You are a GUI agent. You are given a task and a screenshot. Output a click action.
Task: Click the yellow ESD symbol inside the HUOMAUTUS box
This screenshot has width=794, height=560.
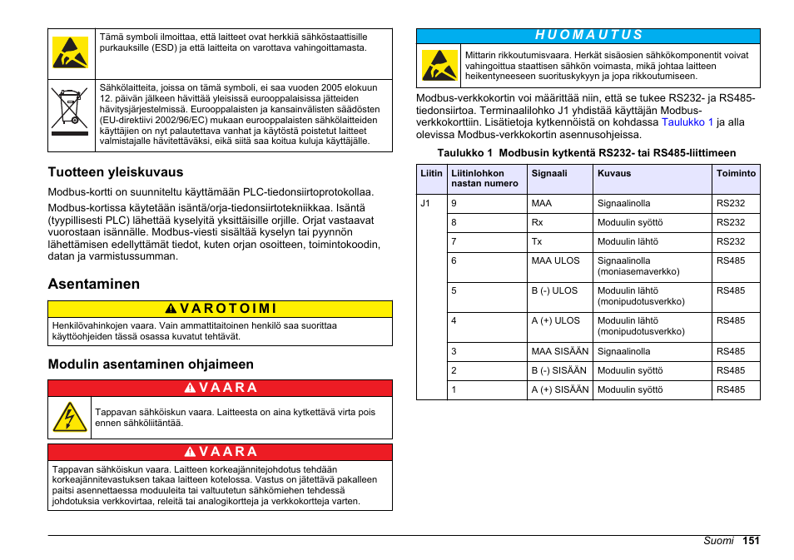[x=439, y=66]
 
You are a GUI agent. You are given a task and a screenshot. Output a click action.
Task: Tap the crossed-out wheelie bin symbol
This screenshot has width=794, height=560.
[x=69, y=107]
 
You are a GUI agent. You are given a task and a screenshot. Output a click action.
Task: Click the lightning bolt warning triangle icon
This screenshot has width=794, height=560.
[x=70, y=417]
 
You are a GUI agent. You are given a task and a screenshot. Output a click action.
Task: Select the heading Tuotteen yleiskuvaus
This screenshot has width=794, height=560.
[x=115, y=172]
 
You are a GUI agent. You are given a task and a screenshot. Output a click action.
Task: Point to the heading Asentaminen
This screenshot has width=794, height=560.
[x=93, y=284]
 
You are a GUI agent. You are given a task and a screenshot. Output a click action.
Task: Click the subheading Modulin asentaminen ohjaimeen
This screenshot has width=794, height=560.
[x=151, y=364]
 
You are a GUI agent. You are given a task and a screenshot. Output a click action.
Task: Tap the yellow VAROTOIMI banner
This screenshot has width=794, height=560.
[x=220, y=309]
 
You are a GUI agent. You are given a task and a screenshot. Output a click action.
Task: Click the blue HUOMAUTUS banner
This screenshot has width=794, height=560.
[x=588, y=35]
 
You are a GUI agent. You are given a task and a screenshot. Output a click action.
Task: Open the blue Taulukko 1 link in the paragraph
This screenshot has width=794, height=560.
[x=687, y=122]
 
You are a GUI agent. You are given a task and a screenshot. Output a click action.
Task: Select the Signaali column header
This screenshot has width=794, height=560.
[x=549, y=174]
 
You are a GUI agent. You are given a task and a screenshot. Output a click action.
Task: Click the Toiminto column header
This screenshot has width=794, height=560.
[x=736, y=174]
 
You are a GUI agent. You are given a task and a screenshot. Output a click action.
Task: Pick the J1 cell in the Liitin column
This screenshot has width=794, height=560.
[x=425, y=203]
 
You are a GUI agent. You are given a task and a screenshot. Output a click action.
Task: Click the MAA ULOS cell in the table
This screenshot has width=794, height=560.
[x=555, y=260]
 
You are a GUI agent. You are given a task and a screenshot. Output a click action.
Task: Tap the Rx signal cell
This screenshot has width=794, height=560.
[x=537, y=223]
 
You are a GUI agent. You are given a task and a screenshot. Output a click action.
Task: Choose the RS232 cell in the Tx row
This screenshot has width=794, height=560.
[x=731, y=242]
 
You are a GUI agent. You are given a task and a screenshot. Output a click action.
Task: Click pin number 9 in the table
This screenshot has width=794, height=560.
[x=454, y=203]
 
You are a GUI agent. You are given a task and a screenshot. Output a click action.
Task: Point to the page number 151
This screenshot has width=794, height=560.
[x=752, y=541]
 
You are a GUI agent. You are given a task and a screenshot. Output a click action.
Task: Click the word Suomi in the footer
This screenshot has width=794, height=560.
[x=718, y=541]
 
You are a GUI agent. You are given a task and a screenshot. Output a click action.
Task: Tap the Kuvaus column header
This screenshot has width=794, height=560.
[x=614, y=174]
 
